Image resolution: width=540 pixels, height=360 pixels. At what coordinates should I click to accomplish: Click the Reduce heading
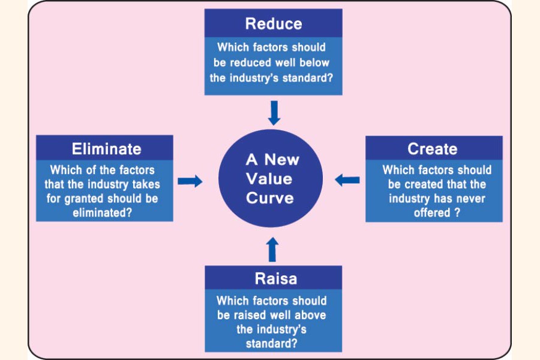pyautogui.click(x=273, y=24)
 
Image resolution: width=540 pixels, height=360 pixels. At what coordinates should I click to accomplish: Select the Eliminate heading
pyautogui.click(x=107, y=149)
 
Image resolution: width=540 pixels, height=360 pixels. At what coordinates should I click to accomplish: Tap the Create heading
pyautogui.click(x=432, y=149)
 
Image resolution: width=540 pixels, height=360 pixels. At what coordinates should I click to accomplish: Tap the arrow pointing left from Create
pyautogui.click(x=347, y=179)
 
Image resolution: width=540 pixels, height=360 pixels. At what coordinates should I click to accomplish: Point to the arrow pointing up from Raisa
pyautogui.click(x=273, y=248)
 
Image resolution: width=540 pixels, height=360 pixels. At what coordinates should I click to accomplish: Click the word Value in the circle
pyautogui.click(x=270, y=179)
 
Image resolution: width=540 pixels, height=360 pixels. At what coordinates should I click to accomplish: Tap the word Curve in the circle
pyautogui.click(x=270, y=198)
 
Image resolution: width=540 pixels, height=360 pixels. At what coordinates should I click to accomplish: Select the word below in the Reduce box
pyautogui.click(x=314, y=62)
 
